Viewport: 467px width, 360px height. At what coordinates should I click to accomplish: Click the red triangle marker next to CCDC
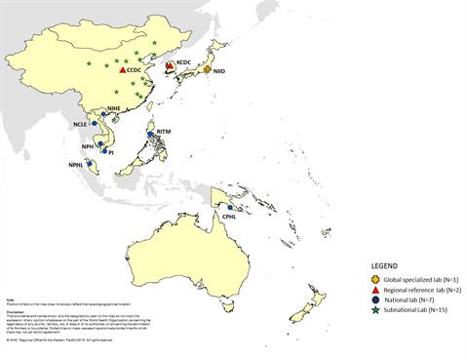[x=122, y=71]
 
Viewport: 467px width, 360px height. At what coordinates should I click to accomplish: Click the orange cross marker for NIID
[x=207, y=70]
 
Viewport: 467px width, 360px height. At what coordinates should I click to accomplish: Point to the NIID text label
[x=220, y=70]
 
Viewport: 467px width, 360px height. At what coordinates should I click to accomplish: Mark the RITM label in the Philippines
[x=157, y=133]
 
